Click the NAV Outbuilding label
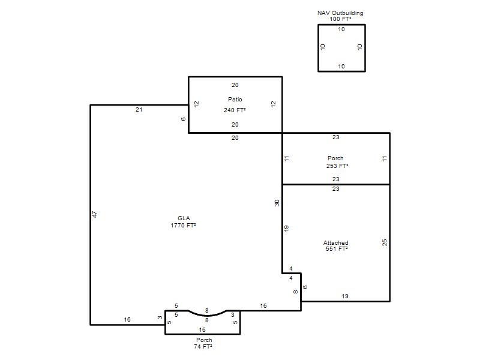340,13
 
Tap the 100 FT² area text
340,19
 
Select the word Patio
235,99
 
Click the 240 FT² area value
235,110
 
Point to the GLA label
184,218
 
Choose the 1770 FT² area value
183,226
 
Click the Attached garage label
336,243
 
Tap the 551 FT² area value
337,249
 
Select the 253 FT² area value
337,166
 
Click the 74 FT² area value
203,347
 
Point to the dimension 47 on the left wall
95,214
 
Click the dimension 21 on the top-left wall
139,110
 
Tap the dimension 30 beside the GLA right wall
277,203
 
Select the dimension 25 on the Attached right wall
385,242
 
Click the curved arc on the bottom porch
207,316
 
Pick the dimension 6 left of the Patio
184,119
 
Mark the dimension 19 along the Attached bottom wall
345,296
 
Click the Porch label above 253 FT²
335,158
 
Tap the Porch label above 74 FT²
204,340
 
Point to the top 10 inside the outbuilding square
341,29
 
